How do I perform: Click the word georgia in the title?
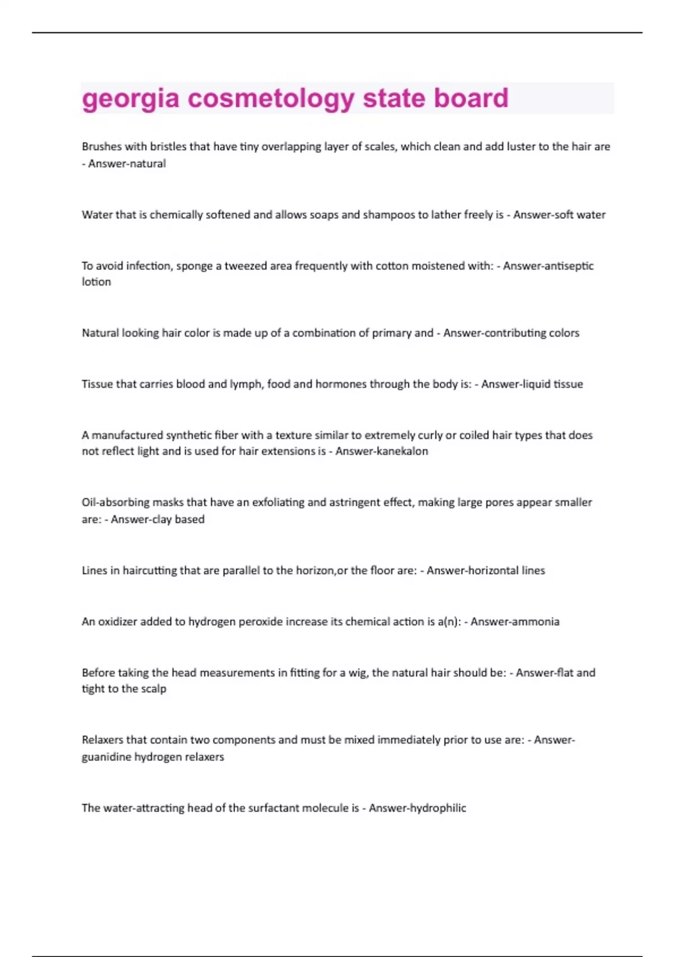(130, 99)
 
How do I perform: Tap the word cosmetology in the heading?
(271, 99)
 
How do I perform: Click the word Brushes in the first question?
(102, 147)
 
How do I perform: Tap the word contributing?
(511, 333)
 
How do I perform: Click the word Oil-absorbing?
(115, 503)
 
